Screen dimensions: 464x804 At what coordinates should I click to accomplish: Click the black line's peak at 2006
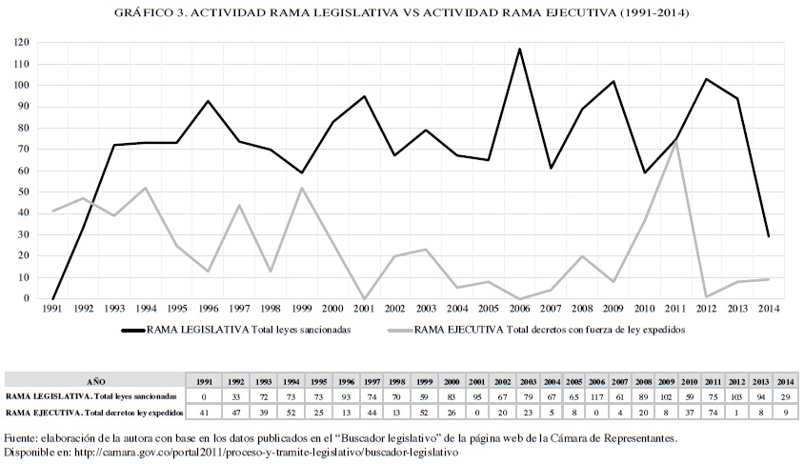coord(519,50)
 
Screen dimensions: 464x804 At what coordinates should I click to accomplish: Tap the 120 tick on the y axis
coord(22,43)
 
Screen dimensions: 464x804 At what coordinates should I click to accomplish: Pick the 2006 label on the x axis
coord(519,309)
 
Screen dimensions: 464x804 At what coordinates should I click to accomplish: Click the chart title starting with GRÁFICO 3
coord(401,13)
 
